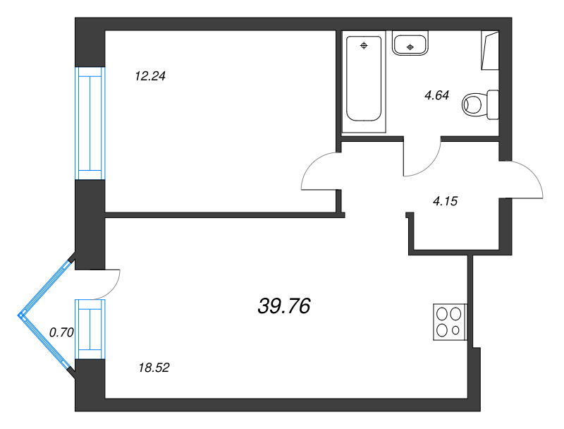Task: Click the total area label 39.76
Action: pos(284,306)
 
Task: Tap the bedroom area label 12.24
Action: pos(150,76)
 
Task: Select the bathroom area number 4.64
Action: pos(436,95)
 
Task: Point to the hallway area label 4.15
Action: pos(446,201)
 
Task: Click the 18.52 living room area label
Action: pos(154,368)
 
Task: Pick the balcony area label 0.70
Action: pos(61,332)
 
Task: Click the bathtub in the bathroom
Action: pos(364,78)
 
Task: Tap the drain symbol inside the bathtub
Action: pos(364,45)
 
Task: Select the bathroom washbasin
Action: pos(410,43)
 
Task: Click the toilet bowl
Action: pos(472,104)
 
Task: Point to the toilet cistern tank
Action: pos(493,104)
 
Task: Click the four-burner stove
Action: pos(450,322)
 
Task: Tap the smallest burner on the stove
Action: pos(455,330)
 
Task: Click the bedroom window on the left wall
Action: pos(90,123)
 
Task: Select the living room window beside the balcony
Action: pos(90,330)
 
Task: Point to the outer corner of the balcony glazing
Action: pos(19,315)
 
